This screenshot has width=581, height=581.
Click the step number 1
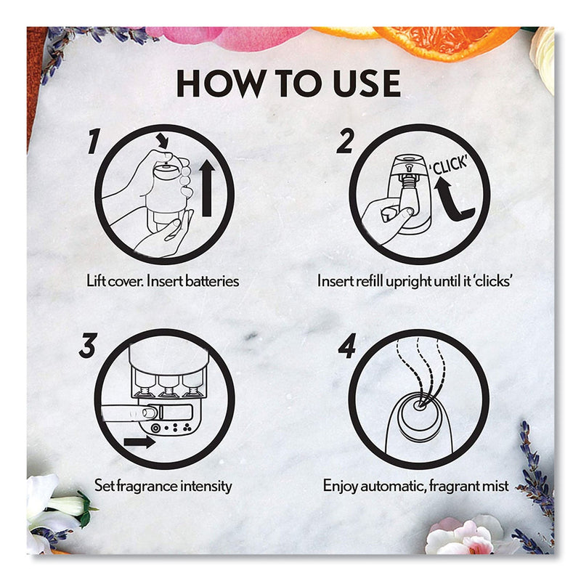coord(94,141)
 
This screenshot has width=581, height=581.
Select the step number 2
coord(345,141)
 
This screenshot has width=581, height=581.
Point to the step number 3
coord(88,346)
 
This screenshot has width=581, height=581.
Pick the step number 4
coord(347,346)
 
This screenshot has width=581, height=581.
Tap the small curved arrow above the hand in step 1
coord(162,141)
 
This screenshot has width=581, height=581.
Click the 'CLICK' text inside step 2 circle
coord(448,165)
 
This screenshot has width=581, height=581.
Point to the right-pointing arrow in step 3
coord(139,442)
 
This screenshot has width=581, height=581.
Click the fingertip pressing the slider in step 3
coord(149,413)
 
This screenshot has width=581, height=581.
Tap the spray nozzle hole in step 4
coord(420,405)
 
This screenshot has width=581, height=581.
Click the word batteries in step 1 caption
coord(212,281)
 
